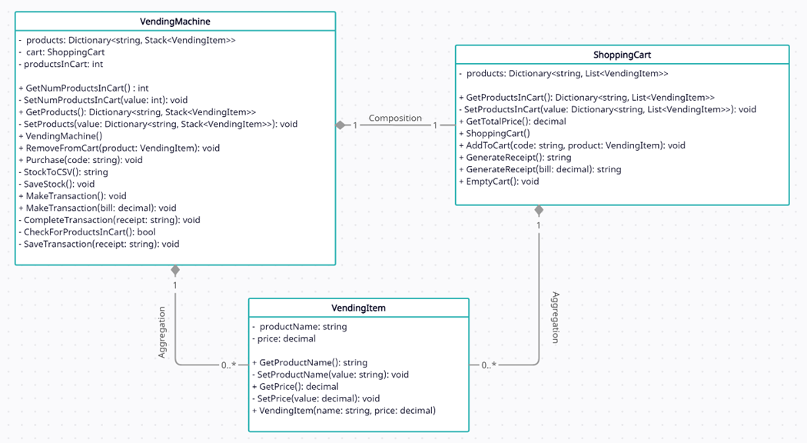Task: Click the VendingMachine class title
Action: tap(175, 22)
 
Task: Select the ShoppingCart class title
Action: tap(622, 55)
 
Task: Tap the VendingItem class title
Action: tap(358, 308)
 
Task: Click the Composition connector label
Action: tap(395, 118)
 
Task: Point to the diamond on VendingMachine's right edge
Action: tap(340, 125)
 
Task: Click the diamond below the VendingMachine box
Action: tap(175, 270)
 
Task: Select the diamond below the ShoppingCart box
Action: tap(539, 210)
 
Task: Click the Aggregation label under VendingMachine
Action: tap(162, 332)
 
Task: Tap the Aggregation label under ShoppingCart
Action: tap(555, 317)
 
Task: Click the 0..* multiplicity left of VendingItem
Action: tap(229, 365)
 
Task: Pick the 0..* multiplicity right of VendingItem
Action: tap(489, 365)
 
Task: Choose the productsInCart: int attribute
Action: tap(61, 64)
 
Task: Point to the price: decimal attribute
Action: tap(284, 338)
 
